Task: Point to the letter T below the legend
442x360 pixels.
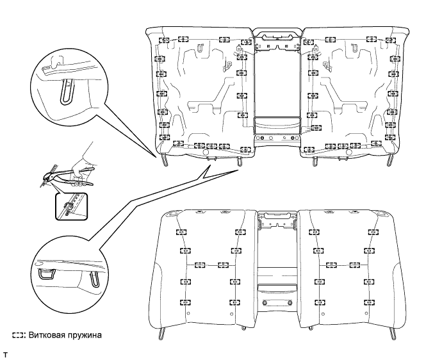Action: [x=5, y=355]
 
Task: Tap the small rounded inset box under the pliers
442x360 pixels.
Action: [x=71, y=206]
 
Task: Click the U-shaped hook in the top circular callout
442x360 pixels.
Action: [x=67, y=92]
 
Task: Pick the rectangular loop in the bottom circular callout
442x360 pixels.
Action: [x=46, y=274]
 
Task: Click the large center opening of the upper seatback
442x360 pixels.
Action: [x=277, y=85]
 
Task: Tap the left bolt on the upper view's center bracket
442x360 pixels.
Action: [x=262, y=138]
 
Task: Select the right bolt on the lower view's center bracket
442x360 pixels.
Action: [x=290, y=303]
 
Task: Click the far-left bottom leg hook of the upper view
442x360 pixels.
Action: [x=165, y=160]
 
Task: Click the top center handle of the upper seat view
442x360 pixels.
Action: [x=277, y=36]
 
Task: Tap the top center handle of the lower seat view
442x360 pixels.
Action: [x=277, y=216]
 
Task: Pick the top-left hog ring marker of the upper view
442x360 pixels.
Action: [x=165, y=40]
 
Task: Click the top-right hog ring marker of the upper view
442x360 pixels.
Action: [x=391, y=40]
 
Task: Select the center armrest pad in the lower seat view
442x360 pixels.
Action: [x=277, y=290]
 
